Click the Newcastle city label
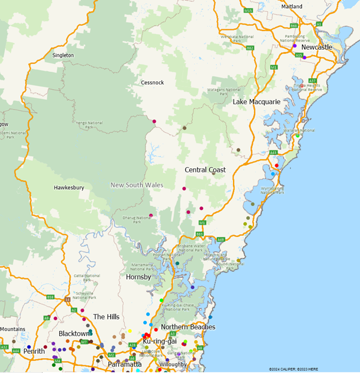point(317,47)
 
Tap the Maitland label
point(294,5)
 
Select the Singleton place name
point(63,55)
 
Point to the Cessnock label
point(152,83)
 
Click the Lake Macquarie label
point(256,102)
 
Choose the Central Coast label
point(205,170)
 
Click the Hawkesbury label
point(68,187)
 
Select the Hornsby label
point(138,277)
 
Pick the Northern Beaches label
point(187,327)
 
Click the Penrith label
point(34,351)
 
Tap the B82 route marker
point(250,47)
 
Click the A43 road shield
point(273,153)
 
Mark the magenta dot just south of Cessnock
point(155,122)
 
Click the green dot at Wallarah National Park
point(297,136)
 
